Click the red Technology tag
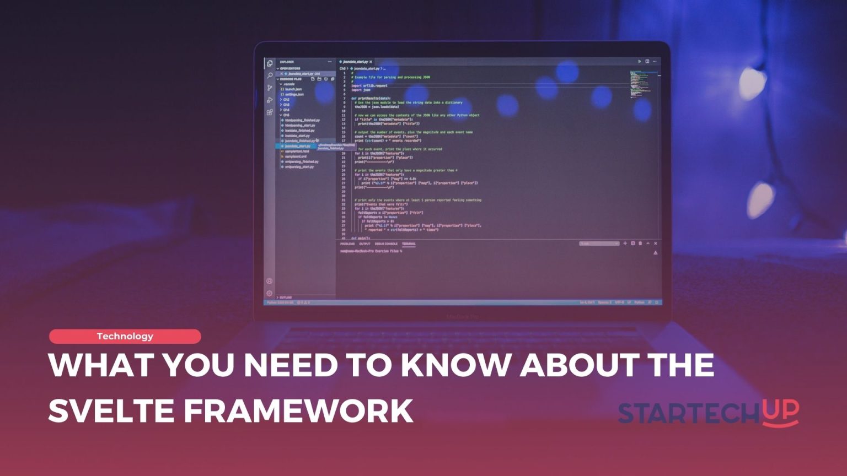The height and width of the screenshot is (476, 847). pyautogui.click(x=125, y=336)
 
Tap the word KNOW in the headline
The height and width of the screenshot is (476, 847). pyautogui.click(x=456, y=365)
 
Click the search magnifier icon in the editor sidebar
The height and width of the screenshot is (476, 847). pyautogui.click(x=270, y=75)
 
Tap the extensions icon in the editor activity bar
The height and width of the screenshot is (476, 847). pyautogui.click(x=270, y=112)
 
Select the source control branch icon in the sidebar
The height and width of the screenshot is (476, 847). pyautogui.click(x=270, y=88)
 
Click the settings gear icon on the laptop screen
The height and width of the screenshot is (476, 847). pyautogui.click(x=269, y=294)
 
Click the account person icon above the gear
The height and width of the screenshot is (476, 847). pyautogui.click(x=269, y=282)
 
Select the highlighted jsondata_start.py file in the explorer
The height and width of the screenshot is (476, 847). pyautogui.click(x=298, y=146)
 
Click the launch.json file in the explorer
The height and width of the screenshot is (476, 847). pyautogui.click(x=293, y=89)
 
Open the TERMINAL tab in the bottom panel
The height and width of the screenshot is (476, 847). pyautogui.click(x=409, y=244)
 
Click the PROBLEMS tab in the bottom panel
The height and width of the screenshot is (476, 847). pyautogui.click(x=347, y=244)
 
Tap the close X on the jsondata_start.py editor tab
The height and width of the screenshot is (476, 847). pyautogui.click(x=371, y=62)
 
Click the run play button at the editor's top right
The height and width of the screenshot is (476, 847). pyautogui.click(x=639, y=61)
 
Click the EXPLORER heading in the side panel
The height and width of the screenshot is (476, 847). pyautogui.click(x=287, y=62)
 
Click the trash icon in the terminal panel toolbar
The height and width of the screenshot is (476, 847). pyautogui.click(x=640, y=244)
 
